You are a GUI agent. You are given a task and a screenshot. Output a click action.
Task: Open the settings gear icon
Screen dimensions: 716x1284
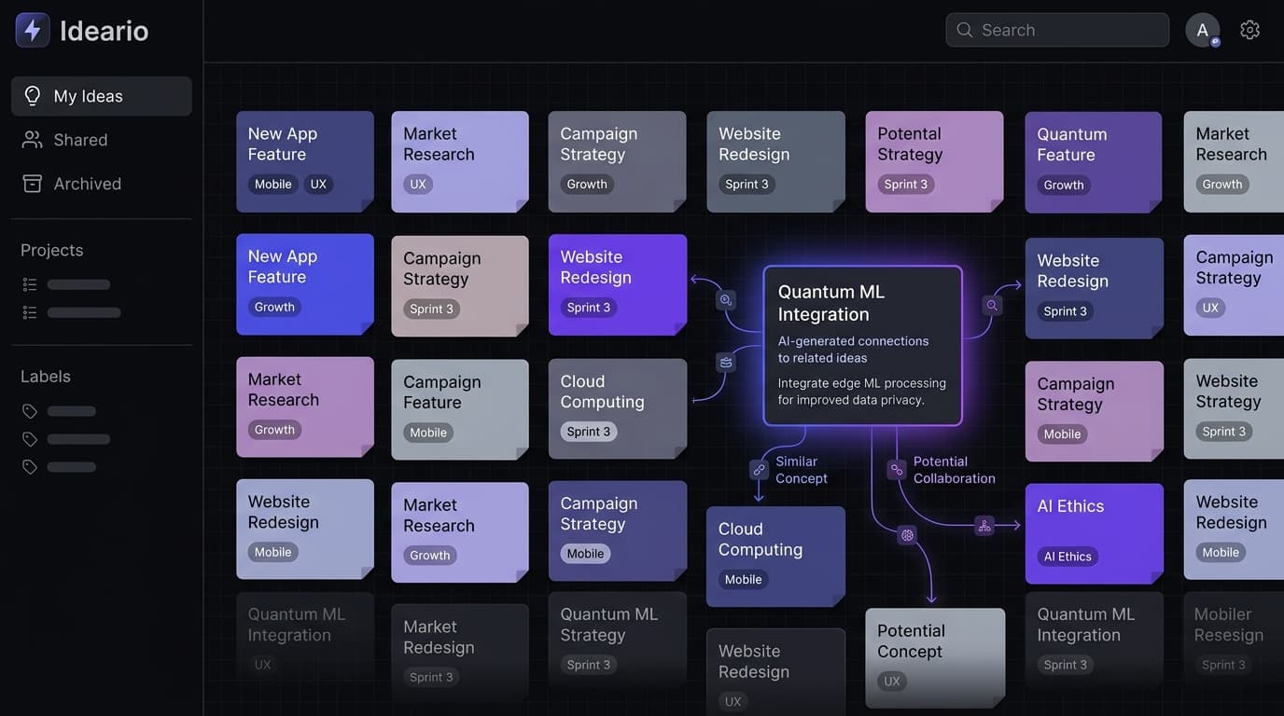[x=1249, y=30]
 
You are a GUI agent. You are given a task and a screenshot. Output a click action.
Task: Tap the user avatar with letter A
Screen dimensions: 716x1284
[x=1202, y=30]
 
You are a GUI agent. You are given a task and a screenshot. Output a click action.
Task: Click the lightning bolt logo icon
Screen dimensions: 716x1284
[x=33, y=30]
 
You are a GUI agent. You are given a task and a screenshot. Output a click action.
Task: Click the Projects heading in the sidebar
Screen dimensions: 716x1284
[x=52, y=250]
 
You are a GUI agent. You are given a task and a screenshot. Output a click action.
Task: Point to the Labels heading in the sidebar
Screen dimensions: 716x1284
[x=46, y=377]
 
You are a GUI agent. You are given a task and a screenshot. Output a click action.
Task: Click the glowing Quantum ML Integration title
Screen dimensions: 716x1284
[x=830, y=303]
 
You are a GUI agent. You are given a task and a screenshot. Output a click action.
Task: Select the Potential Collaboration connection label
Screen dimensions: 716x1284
[x=954, y=470]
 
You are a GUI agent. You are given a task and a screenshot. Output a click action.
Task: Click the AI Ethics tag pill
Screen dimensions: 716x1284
[x=1068, y=557]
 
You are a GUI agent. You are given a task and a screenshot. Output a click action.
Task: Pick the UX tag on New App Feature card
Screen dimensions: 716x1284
[x=318, y=184]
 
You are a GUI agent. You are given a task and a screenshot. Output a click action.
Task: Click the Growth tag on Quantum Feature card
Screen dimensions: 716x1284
[x=1064, y=185]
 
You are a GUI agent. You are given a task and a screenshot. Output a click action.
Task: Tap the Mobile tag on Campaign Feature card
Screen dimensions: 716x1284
[x=428, y=433]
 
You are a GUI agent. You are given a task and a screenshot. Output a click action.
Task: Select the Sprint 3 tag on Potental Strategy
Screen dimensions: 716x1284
[x=905, y=184]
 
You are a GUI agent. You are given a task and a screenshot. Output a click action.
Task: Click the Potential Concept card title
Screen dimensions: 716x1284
[x=911, y=641]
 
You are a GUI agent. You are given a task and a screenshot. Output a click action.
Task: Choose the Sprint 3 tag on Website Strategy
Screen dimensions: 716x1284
[x=1223, y=432]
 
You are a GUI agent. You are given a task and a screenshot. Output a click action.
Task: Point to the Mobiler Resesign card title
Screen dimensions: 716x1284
[x=1228, y=625]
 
